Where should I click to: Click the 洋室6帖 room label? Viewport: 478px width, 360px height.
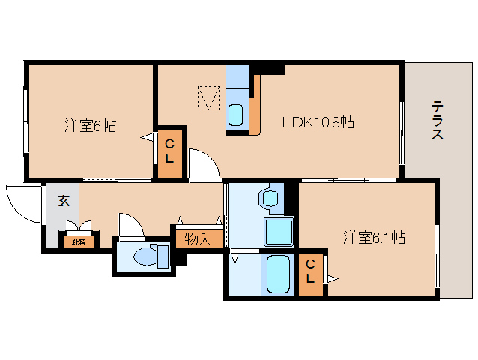[x=89, y=125]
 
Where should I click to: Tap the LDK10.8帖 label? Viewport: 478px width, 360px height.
[x=318, y=122]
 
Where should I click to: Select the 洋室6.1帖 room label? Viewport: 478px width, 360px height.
[x=374, y=238]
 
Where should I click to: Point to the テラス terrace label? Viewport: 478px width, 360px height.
[x=437, y=120]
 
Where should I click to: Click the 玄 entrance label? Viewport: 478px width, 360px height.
[x=64, y=201]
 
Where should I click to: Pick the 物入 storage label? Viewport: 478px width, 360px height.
[x=197, y=238]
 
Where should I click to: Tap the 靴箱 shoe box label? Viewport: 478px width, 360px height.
[x=79, y=241]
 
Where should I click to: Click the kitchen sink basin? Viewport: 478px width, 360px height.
[x=235, y=115]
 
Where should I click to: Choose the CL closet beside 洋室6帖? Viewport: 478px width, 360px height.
[x=169, y=151]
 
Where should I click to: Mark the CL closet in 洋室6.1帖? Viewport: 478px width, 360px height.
[x=310, y=274]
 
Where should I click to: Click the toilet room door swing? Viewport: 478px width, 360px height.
[x=130, y=224]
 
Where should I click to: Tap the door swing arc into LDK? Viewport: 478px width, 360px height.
[x=203, y=163]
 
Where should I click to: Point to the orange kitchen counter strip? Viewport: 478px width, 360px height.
[x=255, y=105]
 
